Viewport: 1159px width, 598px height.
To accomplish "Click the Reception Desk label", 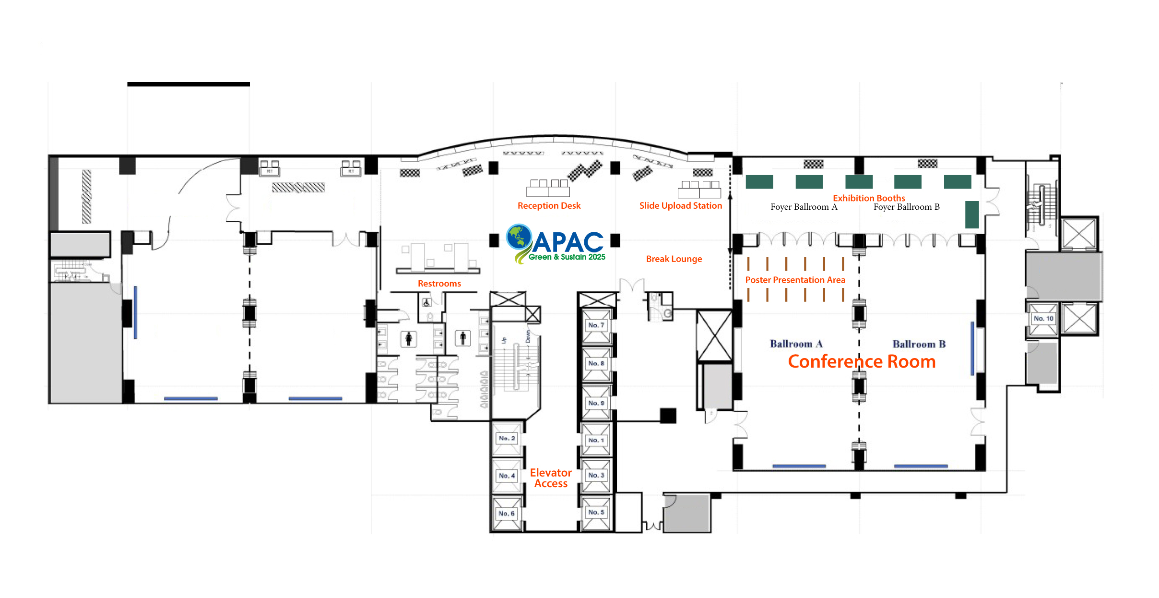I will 549,206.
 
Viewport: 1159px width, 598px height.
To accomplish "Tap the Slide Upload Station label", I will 680,206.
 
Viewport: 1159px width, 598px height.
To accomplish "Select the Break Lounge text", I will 674,259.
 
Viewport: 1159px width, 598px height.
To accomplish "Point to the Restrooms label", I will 439,284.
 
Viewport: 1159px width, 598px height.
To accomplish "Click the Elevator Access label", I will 551,478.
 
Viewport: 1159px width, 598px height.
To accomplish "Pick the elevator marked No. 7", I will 596,325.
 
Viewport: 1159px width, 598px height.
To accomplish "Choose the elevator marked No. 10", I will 1043,319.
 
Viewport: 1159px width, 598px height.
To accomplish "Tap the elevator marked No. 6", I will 506,514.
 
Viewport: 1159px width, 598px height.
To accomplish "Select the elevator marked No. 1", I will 596,440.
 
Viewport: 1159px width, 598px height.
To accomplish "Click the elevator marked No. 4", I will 507,476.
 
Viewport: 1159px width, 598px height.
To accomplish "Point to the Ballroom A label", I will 796,344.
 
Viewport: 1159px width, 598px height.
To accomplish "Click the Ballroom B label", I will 919,344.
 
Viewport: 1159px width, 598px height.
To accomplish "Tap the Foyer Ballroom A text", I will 804,207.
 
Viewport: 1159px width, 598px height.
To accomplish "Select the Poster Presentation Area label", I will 795,280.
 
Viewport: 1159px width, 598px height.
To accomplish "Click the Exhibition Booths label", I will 869,198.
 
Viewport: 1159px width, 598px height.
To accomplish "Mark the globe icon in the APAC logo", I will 519,237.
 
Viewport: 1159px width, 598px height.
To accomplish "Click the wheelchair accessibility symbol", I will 426,303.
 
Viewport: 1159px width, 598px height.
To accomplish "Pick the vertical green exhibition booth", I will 971,215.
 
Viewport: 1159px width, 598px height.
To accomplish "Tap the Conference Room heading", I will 862,362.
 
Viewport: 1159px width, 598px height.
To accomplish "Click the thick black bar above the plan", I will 189,84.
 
